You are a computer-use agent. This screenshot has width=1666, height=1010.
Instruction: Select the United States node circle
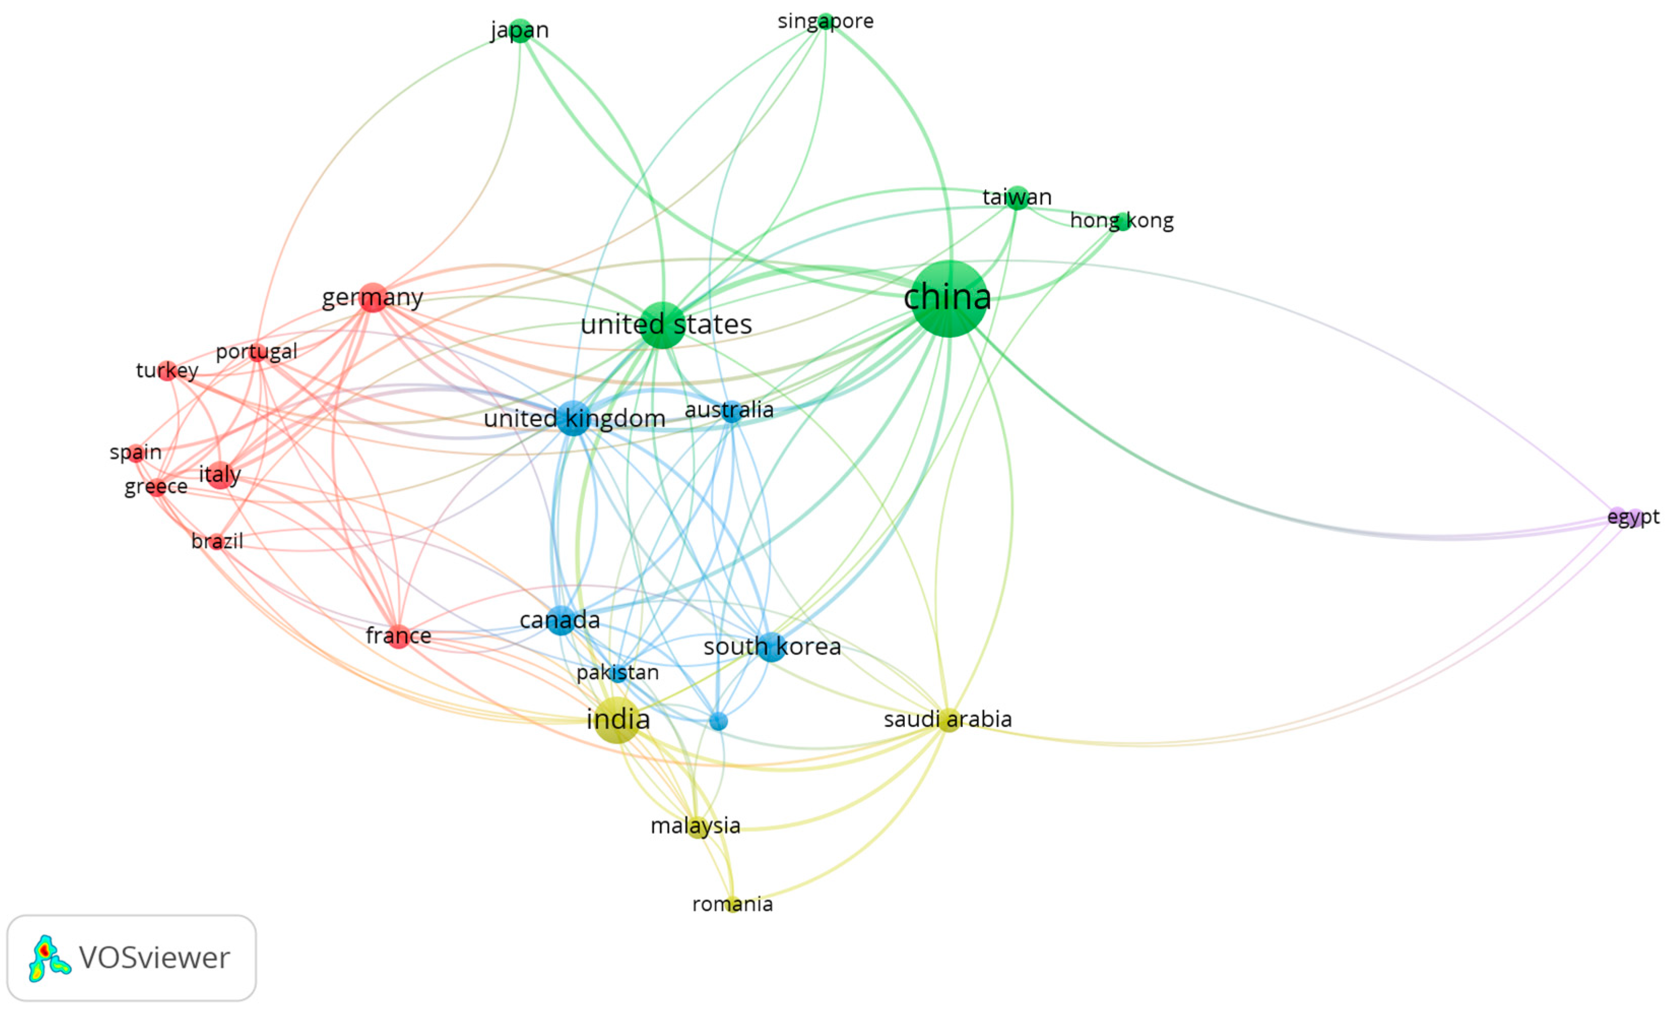tap(662, 325)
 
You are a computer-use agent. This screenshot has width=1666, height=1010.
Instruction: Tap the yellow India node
tap(616, 720)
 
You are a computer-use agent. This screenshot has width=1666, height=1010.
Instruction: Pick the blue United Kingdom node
tap(573, 418)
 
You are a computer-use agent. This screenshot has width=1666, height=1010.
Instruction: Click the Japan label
tap(519, 30)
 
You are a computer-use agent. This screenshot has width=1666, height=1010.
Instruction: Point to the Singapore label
tap(825, 21)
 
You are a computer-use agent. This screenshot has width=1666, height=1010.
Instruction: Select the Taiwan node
tap(1017, 198)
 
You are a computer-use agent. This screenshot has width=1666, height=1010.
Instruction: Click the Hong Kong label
tap(1122, 220)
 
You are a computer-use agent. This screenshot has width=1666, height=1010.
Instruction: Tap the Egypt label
tap(1633, 517)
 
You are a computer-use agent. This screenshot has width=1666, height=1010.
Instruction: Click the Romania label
tap(732, 904)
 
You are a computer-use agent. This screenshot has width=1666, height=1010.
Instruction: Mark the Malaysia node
tap(697, 827)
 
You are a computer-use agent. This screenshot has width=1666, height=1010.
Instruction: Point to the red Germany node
tap(373, 298)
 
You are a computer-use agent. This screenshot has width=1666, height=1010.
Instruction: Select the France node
tap(398, 636)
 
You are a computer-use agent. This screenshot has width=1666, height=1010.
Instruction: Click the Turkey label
tap(167, 371)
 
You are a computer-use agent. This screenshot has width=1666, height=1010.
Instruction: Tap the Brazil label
tap(217, 541)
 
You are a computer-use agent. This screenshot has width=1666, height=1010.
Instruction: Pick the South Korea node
tap(771, 647)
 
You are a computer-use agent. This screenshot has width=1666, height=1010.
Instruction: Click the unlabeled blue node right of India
tap(718, 721)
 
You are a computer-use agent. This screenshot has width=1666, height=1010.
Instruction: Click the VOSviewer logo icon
tap(47, 958)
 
